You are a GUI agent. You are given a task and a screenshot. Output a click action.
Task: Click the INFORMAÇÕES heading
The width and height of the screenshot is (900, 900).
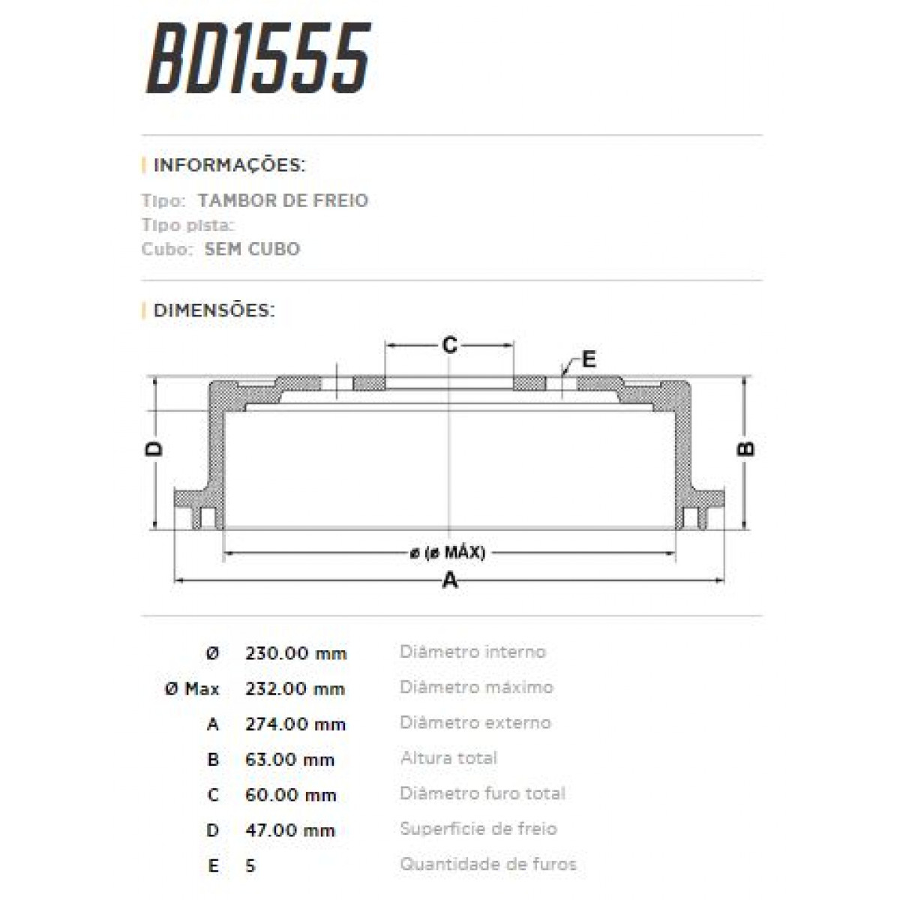tap(229, 165)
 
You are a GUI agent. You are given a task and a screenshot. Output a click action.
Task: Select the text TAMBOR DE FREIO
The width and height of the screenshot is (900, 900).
tap(283, 200)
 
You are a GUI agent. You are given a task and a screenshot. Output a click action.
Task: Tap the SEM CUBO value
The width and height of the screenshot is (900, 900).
tap(252, 249)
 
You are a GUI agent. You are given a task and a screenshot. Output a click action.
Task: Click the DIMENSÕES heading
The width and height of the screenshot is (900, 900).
tap(214, 310)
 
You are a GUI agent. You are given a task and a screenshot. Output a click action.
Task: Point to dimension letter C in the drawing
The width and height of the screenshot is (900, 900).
tap(449, 345)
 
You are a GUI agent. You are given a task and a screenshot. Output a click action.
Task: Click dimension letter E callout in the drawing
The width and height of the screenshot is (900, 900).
tap(589, 359)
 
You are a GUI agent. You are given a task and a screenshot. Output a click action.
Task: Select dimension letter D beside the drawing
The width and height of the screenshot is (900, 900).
tap(154, 448)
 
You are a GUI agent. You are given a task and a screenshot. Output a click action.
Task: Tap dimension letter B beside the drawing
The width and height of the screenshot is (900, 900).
tap(746, 448)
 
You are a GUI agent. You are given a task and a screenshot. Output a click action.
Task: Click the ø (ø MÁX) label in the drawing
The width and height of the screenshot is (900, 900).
tap(448, 553)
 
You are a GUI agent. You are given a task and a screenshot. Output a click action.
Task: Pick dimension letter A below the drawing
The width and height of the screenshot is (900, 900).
tap(449, 580)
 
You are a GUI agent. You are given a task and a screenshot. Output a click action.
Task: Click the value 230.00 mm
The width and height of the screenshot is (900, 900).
tap(295, 653)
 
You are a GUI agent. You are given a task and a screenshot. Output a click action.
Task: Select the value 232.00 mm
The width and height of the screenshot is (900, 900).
tap(295, 688)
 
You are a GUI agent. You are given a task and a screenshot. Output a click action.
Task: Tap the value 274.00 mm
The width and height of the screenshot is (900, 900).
tap(295, 724)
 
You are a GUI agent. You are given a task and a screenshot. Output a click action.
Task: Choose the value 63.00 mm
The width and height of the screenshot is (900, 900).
tap(289, 760)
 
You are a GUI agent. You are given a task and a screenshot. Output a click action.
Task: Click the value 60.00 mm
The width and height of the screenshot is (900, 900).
tap(290, 795)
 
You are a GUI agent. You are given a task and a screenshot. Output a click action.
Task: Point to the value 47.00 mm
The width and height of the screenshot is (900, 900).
tap(289, 830)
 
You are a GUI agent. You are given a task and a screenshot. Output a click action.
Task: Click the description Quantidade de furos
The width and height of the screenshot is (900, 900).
tap(487, 864)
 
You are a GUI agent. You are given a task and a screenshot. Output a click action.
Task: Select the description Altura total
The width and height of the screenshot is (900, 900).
tap(448, 757)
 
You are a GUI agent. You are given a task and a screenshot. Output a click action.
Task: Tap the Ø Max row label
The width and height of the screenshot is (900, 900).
tap(192, 688)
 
